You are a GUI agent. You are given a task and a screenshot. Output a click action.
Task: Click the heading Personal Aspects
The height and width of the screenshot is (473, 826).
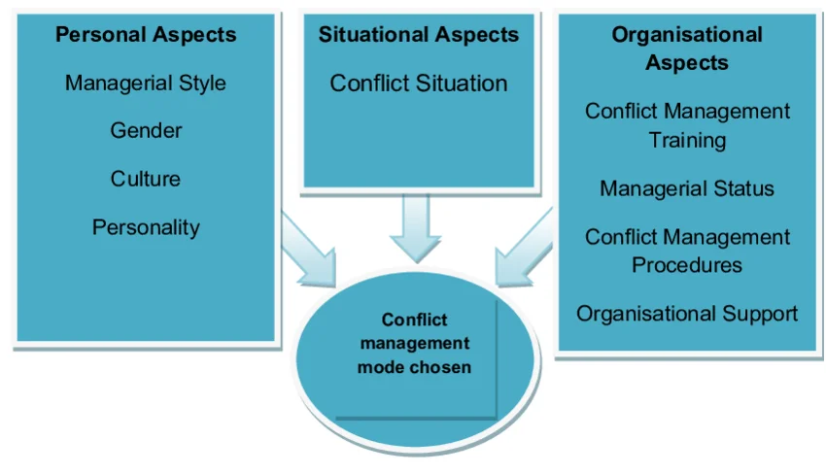pos(146,35)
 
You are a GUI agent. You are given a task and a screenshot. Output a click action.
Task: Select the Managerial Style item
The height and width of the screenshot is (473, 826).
pos(146,83)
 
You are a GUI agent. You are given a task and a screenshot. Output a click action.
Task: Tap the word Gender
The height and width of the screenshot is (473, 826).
pos(146,130)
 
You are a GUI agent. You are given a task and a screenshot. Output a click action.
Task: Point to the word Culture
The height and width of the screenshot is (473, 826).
pos(146,179)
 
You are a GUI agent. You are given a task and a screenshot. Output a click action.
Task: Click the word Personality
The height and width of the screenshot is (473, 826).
pos(146,227)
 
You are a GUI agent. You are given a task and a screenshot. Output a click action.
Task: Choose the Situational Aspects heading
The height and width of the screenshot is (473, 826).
pos(419,35)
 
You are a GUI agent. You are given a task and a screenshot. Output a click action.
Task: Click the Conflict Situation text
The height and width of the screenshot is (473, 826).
pos(419,84)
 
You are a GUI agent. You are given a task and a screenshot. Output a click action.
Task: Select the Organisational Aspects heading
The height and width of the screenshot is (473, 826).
pos(687,49)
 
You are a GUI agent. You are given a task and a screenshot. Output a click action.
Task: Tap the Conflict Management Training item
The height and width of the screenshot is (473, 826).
pos(687,125)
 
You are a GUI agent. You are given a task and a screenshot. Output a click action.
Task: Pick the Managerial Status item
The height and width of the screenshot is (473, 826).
pos(687,188)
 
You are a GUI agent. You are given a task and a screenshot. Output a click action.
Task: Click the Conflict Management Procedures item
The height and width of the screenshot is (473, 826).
pos(687,251)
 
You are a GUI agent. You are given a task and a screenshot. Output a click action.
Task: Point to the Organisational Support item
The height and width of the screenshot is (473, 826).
pos(687,314)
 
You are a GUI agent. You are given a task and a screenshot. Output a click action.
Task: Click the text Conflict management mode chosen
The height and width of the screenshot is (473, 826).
pos(414,344)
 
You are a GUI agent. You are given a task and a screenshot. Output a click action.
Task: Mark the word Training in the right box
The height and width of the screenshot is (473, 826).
pos(687,140)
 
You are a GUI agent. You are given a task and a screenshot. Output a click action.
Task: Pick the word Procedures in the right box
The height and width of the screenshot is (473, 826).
pos(687,264)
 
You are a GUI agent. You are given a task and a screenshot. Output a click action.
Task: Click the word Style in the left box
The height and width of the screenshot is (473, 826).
pos(201,83)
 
